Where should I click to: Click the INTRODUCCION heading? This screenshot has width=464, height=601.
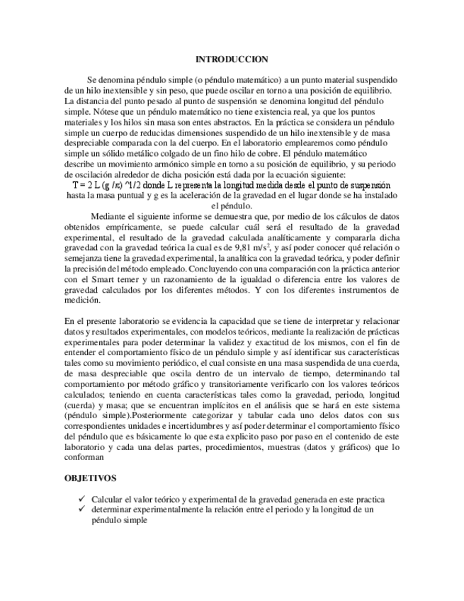coord(232,60)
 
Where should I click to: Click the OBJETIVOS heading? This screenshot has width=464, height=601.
coord(91,479)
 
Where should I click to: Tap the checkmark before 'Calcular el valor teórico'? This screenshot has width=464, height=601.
coord(83,500)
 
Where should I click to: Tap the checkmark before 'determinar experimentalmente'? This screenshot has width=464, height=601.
coord(83,510)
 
